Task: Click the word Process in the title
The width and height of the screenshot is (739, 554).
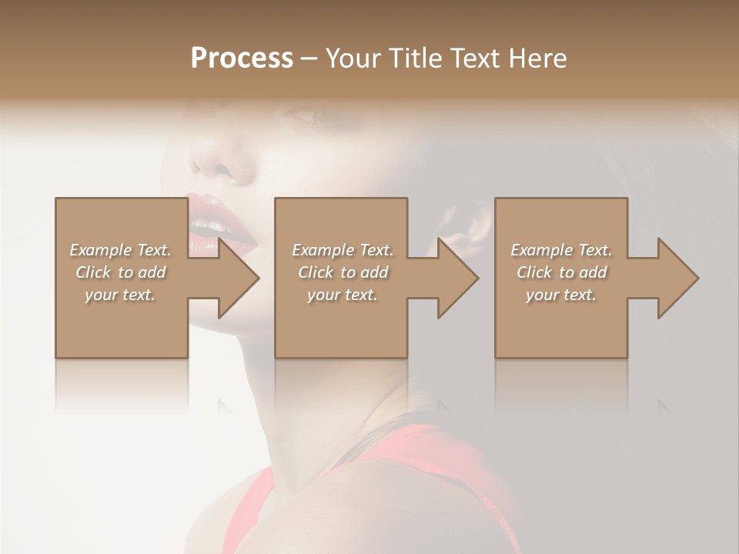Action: coord(242,58)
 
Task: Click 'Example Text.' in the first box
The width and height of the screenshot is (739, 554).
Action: coord(120,250)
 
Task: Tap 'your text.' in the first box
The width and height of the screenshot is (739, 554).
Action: coord(120,295)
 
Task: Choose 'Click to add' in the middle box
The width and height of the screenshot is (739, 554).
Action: coord(343,272)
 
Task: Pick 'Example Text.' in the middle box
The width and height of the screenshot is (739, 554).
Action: coord(343,250)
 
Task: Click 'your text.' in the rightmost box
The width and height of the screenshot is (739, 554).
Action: coord(561,295)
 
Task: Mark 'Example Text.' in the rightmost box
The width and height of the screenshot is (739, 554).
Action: coord(561,250)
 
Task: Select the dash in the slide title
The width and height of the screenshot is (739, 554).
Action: coord(309,58)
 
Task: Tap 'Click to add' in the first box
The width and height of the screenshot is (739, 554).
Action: coord(120,272)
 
